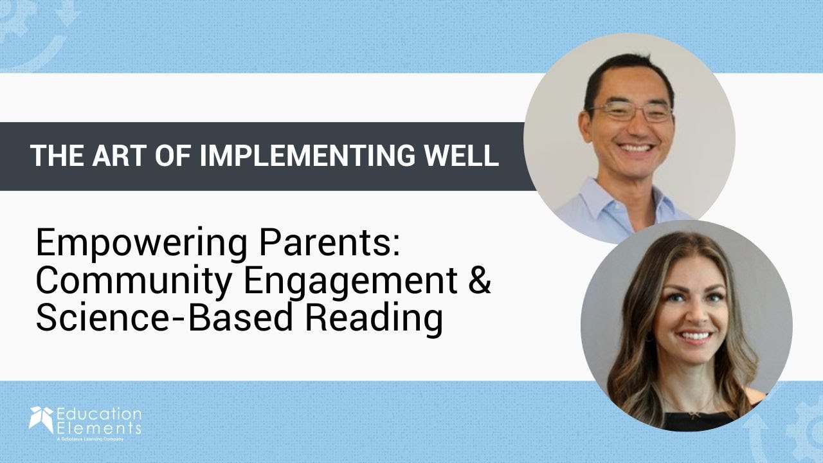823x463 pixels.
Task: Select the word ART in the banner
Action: [119, 156]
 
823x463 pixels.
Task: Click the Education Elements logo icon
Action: [41, 419]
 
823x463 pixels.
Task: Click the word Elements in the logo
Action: [98, 428]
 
